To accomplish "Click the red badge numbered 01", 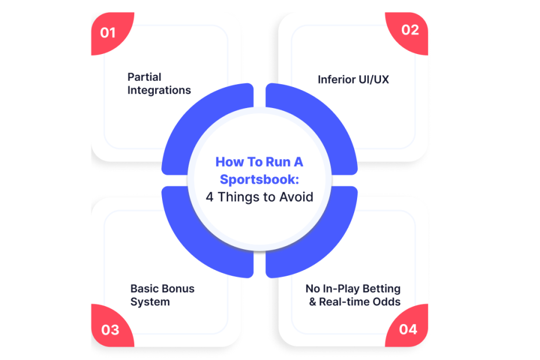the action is click(110, 32).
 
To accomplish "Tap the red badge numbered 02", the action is click(409, 32).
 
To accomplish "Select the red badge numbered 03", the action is click(110, 327).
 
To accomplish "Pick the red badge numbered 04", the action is click(409, 327).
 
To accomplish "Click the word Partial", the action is click(145, 77).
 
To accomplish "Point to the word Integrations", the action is click(159, 90).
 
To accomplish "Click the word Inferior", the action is click(336, 80).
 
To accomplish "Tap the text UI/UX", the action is click(374, 80).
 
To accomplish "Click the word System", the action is click(150, 302).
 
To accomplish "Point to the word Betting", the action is click(381, 289).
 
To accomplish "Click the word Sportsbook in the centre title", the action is click(258, 179).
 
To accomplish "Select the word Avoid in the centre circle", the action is click(296, 197).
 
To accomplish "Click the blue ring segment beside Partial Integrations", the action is click(193, 124).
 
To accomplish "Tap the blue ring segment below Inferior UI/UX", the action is click(326, 124).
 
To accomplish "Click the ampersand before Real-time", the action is click(313, 302).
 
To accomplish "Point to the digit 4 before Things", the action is click(210, 197).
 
